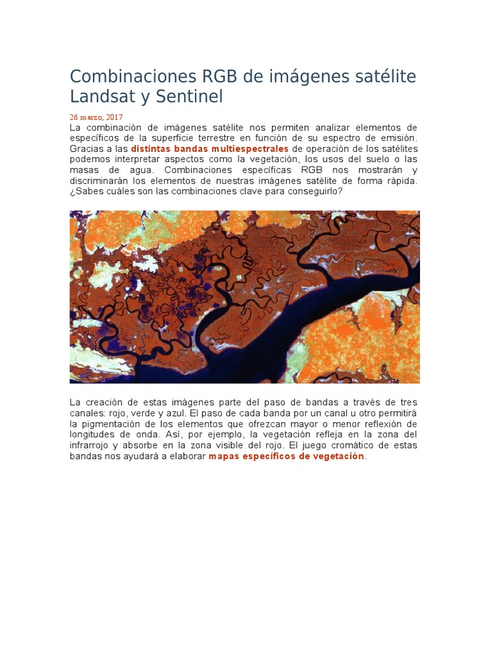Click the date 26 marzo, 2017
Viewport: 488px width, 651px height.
[96, 118]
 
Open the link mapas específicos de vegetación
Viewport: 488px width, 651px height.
[287, 456]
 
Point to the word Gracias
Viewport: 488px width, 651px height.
[86, 149]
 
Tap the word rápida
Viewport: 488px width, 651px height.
[401, 181]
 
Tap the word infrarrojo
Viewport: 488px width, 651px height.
[91, 446]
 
